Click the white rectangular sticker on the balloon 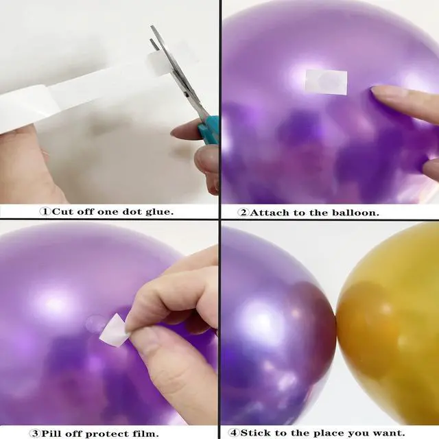(327, 82)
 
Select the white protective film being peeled (114, 328)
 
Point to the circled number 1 (45, 211)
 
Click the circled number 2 (244, 213)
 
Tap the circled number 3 (35, 434)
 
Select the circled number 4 (234, 433)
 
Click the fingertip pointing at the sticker (377, 92)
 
